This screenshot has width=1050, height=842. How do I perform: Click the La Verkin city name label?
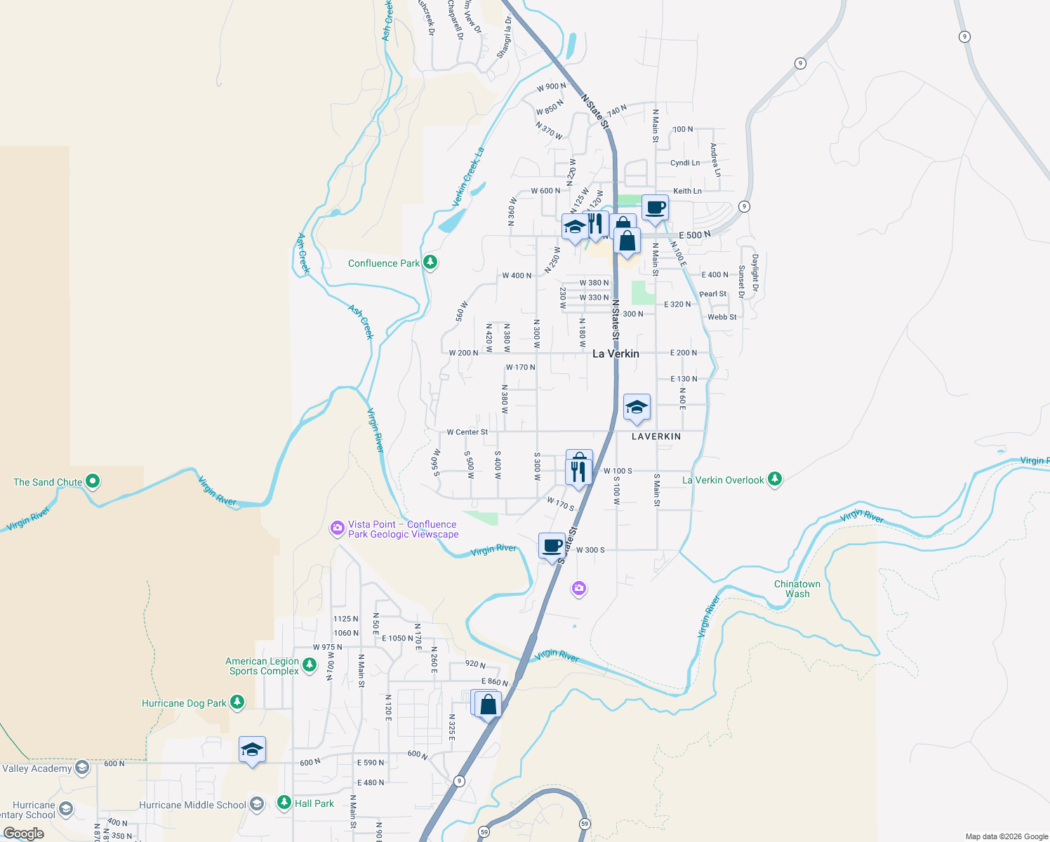tap(616, 354)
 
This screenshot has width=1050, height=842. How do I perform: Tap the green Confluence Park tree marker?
tap(430, 263)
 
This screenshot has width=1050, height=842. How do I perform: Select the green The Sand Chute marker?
tap(93, 482)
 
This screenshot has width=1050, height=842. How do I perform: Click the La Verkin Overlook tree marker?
tap(774, 480)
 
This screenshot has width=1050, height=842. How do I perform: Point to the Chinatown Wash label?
tap(797, 589)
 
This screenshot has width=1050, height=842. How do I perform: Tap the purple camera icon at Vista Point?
tap(338, 528)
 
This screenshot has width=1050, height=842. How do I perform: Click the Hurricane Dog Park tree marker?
tap(237, 702)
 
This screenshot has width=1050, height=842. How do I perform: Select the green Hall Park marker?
tap(284, 803)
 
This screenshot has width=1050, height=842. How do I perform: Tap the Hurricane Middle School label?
tap(192, 805)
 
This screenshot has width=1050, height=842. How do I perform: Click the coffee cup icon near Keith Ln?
tap(655, 208)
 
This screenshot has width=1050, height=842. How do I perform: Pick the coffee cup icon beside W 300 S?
tap(552, 545)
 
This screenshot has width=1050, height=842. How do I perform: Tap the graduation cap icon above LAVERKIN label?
tap(637, 407)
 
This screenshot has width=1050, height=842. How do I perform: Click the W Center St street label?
tap(467, 432)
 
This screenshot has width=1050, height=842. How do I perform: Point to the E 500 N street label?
tap(694, 235)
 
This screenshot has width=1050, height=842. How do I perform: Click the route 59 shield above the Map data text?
tap(584, 823)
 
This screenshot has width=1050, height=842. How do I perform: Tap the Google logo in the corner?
tap(24, 834)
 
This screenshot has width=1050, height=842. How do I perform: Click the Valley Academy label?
tap(36, 768)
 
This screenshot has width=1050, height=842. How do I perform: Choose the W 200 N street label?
tap(463, 353)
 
